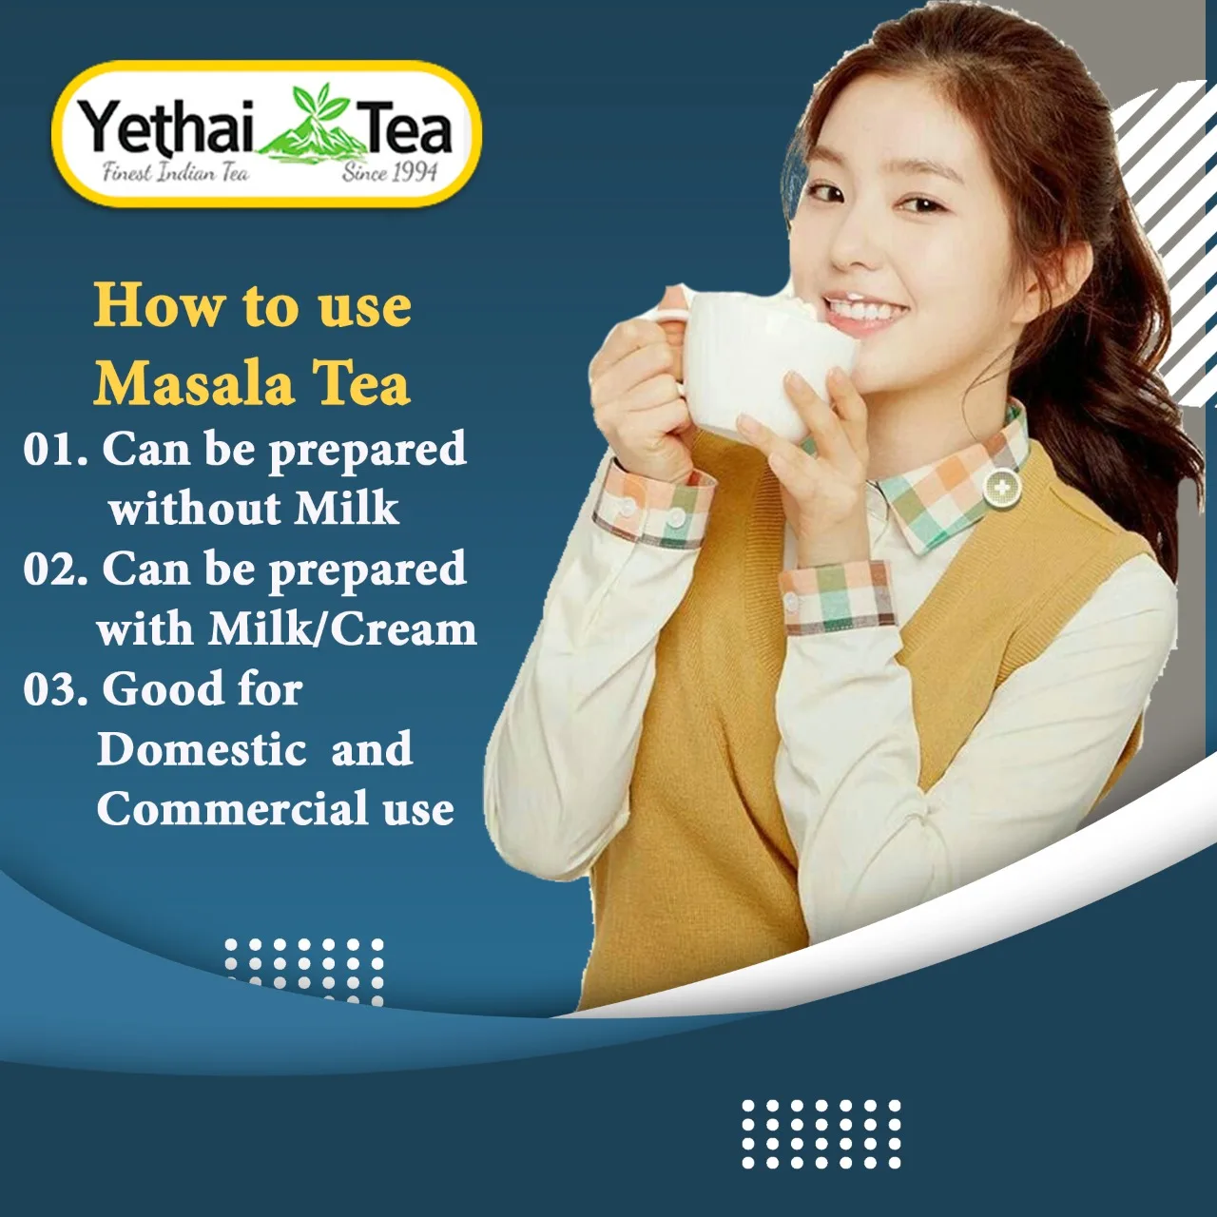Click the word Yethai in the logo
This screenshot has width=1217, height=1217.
[166, 128]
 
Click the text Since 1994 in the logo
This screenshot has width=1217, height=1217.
[390, 173]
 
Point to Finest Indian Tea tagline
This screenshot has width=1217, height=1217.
[176, 173]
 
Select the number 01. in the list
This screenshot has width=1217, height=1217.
[56, 450]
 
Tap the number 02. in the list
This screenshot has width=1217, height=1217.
[56, 570]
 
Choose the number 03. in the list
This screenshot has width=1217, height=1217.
[56, 689]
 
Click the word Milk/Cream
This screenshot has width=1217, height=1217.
[342, 628]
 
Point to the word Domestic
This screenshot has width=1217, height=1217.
[202, 749]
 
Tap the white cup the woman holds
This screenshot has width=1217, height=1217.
[751, 366]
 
